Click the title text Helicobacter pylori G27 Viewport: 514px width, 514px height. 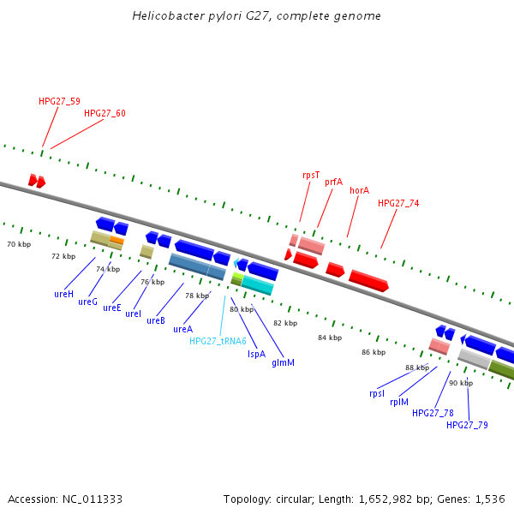(x=257, y=16)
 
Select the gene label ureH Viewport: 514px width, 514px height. (x=63, y=294)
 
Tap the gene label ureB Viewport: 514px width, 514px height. (x=155, y=321)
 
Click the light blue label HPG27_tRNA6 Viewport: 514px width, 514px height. (x=218, y=341)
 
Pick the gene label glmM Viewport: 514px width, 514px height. (x=283, y=362)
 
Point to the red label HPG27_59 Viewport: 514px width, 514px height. (x=59, y=101)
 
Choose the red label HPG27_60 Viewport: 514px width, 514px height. (x=105, y=113)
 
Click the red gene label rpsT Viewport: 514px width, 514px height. (x=311, y=175)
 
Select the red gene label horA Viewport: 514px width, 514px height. (x=359, y=190)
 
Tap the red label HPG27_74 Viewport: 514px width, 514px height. (x=398, y=203)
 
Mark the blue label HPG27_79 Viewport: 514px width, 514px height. (x=467, y=425)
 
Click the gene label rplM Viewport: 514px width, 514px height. (x=399, y=402)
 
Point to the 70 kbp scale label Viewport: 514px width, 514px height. (x=19, y=245)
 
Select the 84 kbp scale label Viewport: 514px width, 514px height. (x=329, y=338)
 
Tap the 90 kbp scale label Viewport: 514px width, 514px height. (x=460, y=383)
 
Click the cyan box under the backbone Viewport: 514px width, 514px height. (x=257, y=284)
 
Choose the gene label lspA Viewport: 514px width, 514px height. (x=256, y=353)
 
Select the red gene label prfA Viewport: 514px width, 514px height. (x=333, y=182)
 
